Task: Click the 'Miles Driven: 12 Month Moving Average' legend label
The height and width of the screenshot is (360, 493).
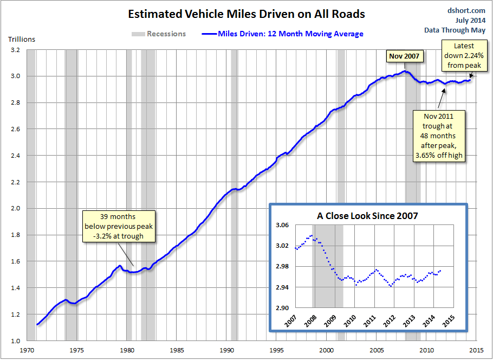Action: click(290, 34)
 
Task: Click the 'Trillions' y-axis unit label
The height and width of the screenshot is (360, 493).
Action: click(22, 40)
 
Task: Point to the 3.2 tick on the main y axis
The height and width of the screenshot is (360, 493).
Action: click(15, 50)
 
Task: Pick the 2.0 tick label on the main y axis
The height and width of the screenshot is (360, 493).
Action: click(15, 208)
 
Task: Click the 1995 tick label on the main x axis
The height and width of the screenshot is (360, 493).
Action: click(277, 350)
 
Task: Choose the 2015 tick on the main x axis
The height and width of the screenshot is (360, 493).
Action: click(477, 350)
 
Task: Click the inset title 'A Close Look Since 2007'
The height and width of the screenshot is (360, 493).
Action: click(367, 216)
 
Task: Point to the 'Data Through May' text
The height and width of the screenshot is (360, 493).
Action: click(455, 30)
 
